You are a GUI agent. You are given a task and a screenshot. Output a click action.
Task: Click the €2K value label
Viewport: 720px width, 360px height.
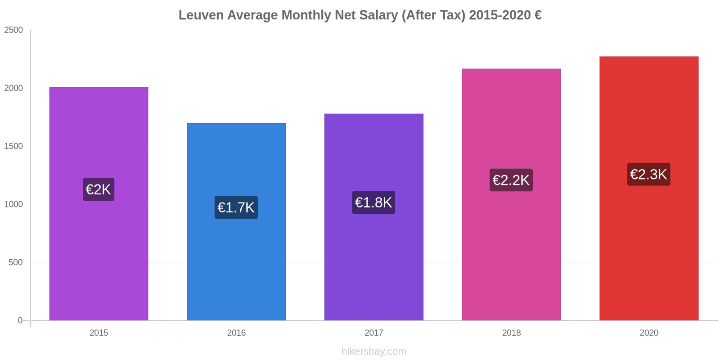click(x=99, y=189)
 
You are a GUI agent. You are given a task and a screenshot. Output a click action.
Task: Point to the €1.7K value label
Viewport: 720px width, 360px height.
click(x=236, y=207)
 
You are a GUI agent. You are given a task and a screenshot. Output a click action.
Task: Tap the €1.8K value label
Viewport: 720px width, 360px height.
click(x=373, y=202)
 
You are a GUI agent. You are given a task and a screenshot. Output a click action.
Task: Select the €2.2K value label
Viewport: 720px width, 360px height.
click(x=511, y=180)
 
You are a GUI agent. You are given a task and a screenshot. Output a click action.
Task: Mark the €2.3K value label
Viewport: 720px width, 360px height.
click(x=648, y=174)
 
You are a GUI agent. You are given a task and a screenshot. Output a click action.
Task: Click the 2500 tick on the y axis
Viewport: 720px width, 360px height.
click(x=13, y=30)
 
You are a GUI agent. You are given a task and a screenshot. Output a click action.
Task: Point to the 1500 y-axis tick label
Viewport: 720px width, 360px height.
click(x=13, y=146)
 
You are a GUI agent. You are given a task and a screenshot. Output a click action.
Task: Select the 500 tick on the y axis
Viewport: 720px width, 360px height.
click(x=15, y=262)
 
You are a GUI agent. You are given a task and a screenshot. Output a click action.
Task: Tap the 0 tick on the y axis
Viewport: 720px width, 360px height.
click(x=20, y=320)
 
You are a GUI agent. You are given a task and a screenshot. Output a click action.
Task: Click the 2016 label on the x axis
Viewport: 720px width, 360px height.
click(x=236, y=333)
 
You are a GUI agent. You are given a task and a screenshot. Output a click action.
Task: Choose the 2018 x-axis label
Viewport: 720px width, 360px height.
click(x=511, y=333)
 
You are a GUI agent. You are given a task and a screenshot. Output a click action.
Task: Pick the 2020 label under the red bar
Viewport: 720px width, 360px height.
click(x=648, y=333)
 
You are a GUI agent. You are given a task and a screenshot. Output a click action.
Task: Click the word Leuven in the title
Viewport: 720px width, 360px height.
click(x=201, y=15)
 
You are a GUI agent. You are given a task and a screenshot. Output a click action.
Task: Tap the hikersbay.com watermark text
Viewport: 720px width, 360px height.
click(x=373, y=351)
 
